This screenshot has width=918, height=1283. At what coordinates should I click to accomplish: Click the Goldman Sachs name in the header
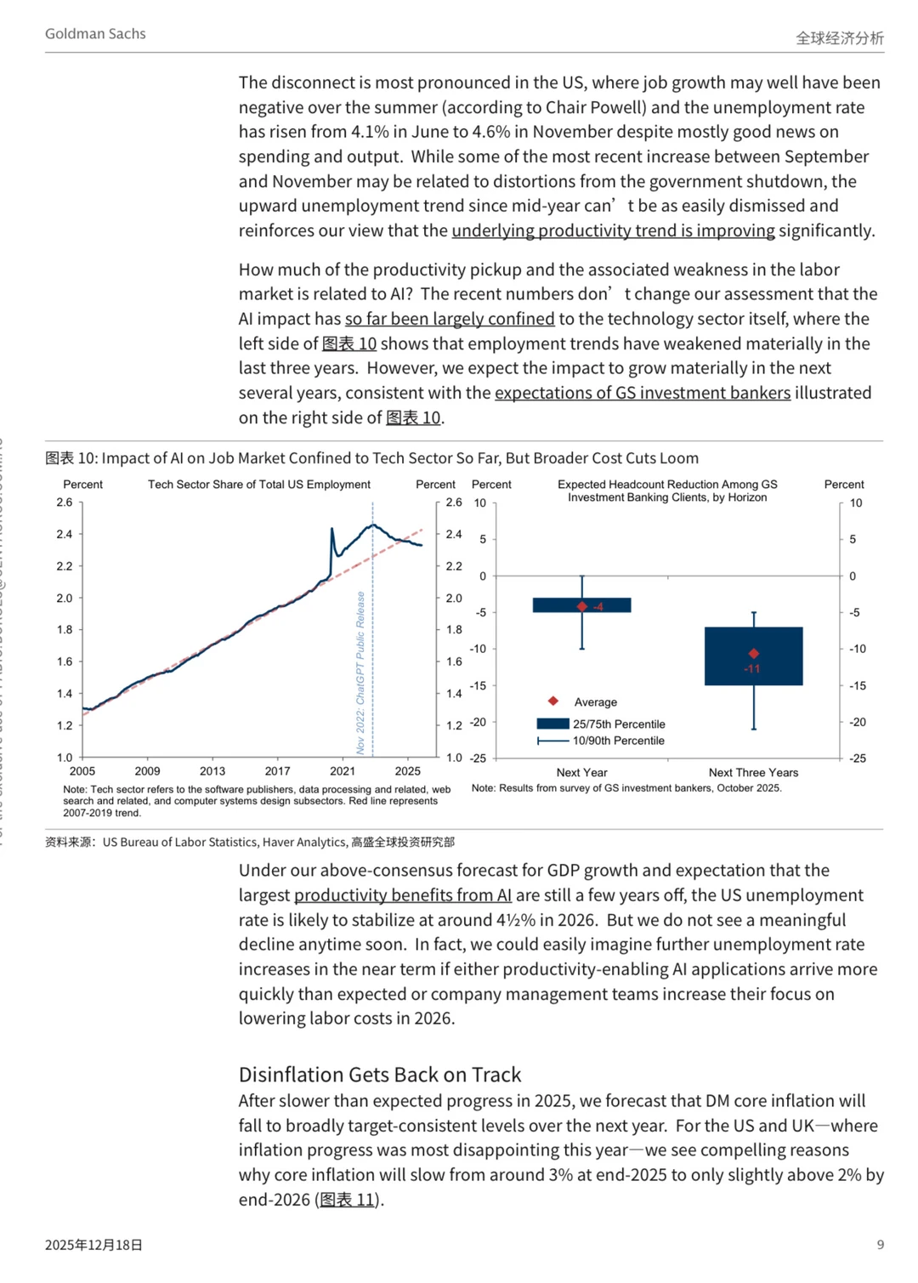coord(95,34)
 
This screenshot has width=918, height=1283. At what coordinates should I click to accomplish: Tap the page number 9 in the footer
coord(881,1245)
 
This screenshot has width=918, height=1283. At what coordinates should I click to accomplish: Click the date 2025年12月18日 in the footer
coord(93,1245)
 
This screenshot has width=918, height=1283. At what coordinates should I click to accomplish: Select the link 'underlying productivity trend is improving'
coord(613,230)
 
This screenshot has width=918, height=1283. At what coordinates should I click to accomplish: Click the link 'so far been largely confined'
coord(450,319)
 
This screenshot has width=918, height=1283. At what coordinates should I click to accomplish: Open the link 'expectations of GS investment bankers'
coord(643,393)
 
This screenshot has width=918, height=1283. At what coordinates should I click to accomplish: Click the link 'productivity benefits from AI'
coord(403,895)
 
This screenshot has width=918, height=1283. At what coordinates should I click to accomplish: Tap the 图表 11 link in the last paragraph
coord(348,1200)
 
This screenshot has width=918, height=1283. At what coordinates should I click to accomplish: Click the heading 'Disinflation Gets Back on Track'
coord(380,1075)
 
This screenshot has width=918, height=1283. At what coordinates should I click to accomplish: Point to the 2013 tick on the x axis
coord(212,771)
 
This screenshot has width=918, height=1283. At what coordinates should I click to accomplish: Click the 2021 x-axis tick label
coord(343,771)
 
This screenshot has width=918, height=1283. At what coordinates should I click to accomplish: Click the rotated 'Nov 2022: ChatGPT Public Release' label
coord(360,673)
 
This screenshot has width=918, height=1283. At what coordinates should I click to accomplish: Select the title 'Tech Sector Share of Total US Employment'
coord(259,485)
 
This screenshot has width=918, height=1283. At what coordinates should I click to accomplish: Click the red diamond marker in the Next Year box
coord(582,606)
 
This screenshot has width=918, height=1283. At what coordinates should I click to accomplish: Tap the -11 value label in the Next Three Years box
coord(752,669)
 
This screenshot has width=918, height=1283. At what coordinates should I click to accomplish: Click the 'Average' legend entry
coord(595,702)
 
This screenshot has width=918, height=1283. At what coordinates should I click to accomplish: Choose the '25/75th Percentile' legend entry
coord(618,724)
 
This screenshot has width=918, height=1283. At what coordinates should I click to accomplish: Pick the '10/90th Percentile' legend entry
coord(618,741)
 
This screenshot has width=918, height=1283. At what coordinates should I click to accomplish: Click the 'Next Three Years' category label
coord(753,773)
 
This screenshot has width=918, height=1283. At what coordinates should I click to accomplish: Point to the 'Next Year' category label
coord(581,773)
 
